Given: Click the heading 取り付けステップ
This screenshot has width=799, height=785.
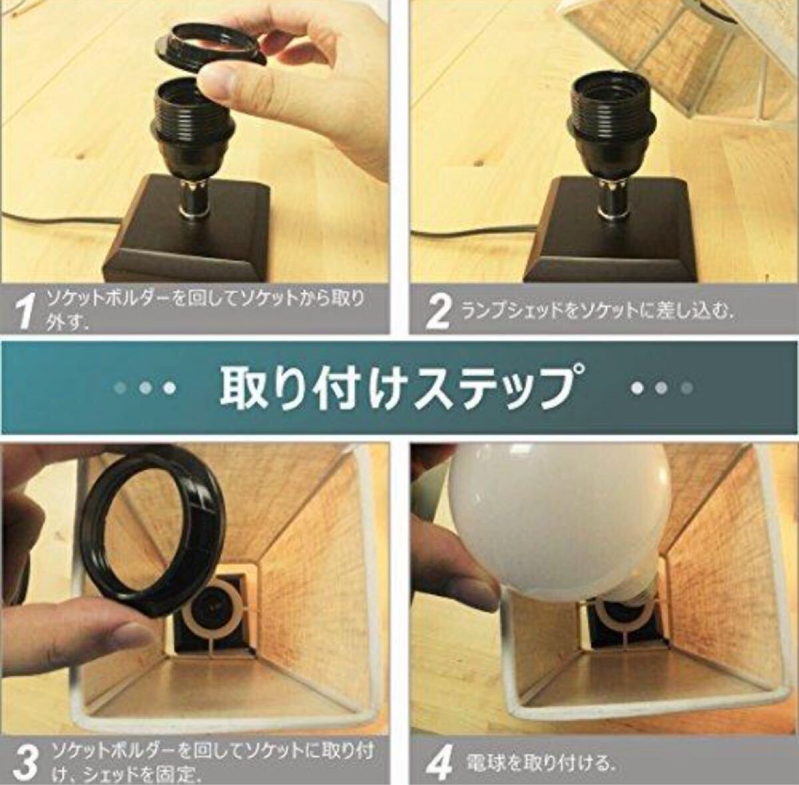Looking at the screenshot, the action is click(x=399, y=387).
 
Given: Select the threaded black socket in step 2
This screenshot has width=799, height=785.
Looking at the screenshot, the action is click(x=611, y=111).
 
